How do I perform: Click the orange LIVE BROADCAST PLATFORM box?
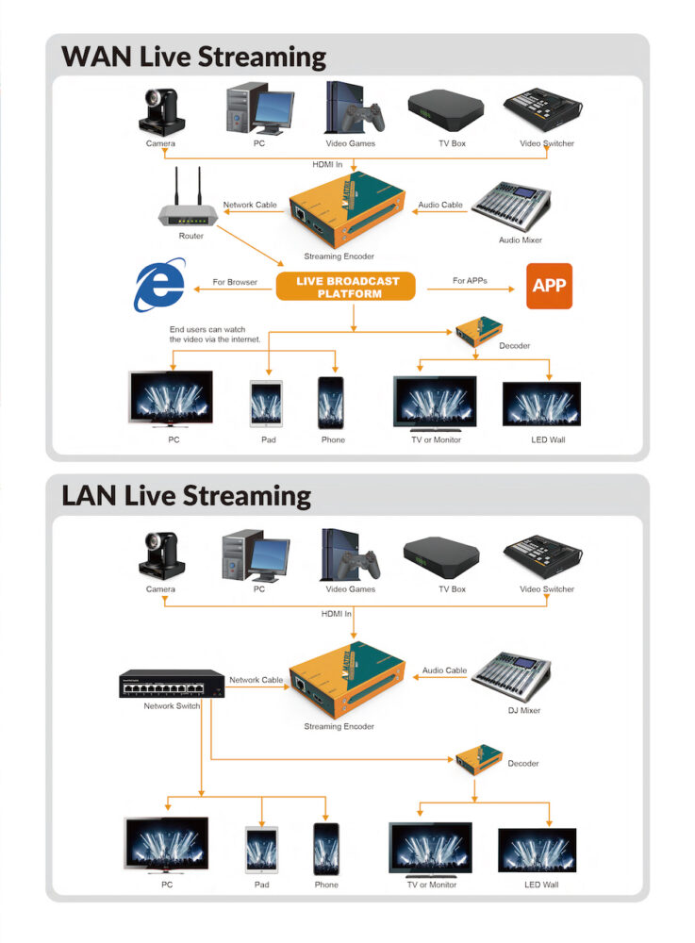346,287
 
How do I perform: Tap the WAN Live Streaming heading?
194,56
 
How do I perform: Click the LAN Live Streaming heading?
186,495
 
